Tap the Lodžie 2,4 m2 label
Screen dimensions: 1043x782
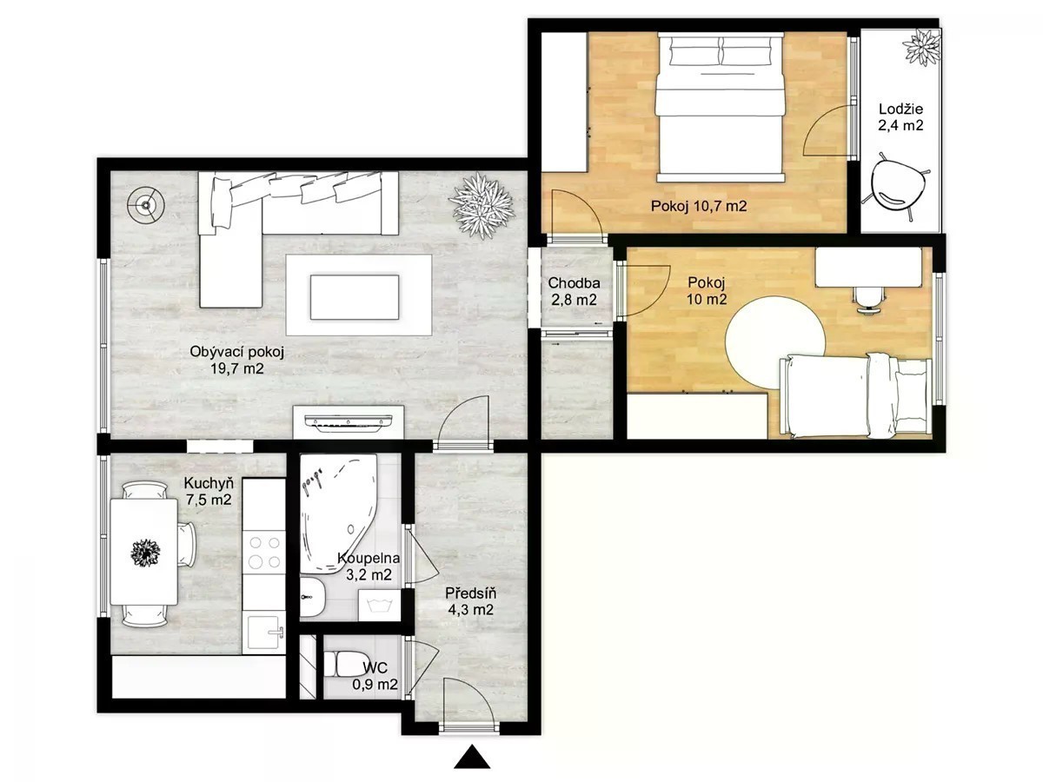pyautogui.click(x=900, y=117)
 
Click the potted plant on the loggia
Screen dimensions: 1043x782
pyautogui.click(x=920, y=48)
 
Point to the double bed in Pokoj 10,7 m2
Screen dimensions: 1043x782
pyautogui.click(x=720, y=107)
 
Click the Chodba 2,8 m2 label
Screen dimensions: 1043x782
pyautogui.click(x=574, y=291)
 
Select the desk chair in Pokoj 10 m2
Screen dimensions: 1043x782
pyautogui.click(x=869, y=300)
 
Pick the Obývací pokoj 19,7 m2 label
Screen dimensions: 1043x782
pyautogui.click(x=236, y=360)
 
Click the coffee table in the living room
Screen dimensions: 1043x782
pyautogui.click(x=354, y=297)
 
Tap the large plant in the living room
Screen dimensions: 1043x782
pyautogui.click(x=482, y=205)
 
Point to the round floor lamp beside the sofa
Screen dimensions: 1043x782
pyautogui.click(x=146, y=205)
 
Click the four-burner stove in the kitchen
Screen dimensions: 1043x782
pyautogui.click(x=264, y=553)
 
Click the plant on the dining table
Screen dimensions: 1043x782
pyautogui.click(x=145, y=553)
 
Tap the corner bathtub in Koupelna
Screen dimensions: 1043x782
pyautogui.click(x=338, y=514)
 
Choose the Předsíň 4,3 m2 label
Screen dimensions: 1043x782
pyautogui.click(x=470, y=601)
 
